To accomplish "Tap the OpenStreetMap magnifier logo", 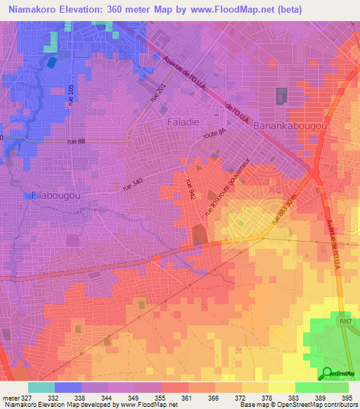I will pyautogui.click(x=328, y=373).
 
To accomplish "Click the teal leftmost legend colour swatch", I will pyautogui.click(x=41, y=387).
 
